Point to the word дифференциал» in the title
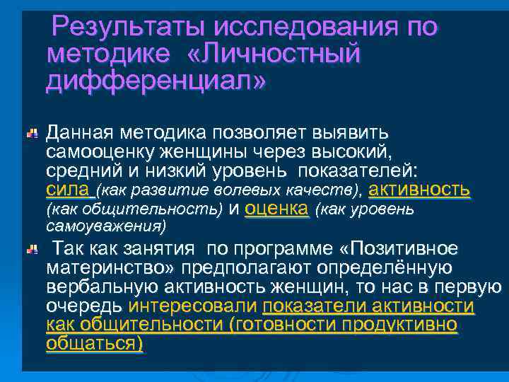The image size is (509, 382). click(x=156, y=81)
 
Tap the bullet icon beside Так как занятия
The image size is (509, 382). click(x=33, y=250)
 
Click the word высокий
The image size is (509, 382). click(x=344, y=152)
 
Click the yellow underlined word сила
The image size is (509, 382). click(x=66, y=190)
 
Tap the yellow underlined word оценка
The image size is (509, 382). click(x=277, y=209)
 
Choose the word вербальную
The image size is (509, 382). click(x=103, y=289)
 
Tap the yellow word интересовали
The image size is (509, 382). click(x=194, y=307)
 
